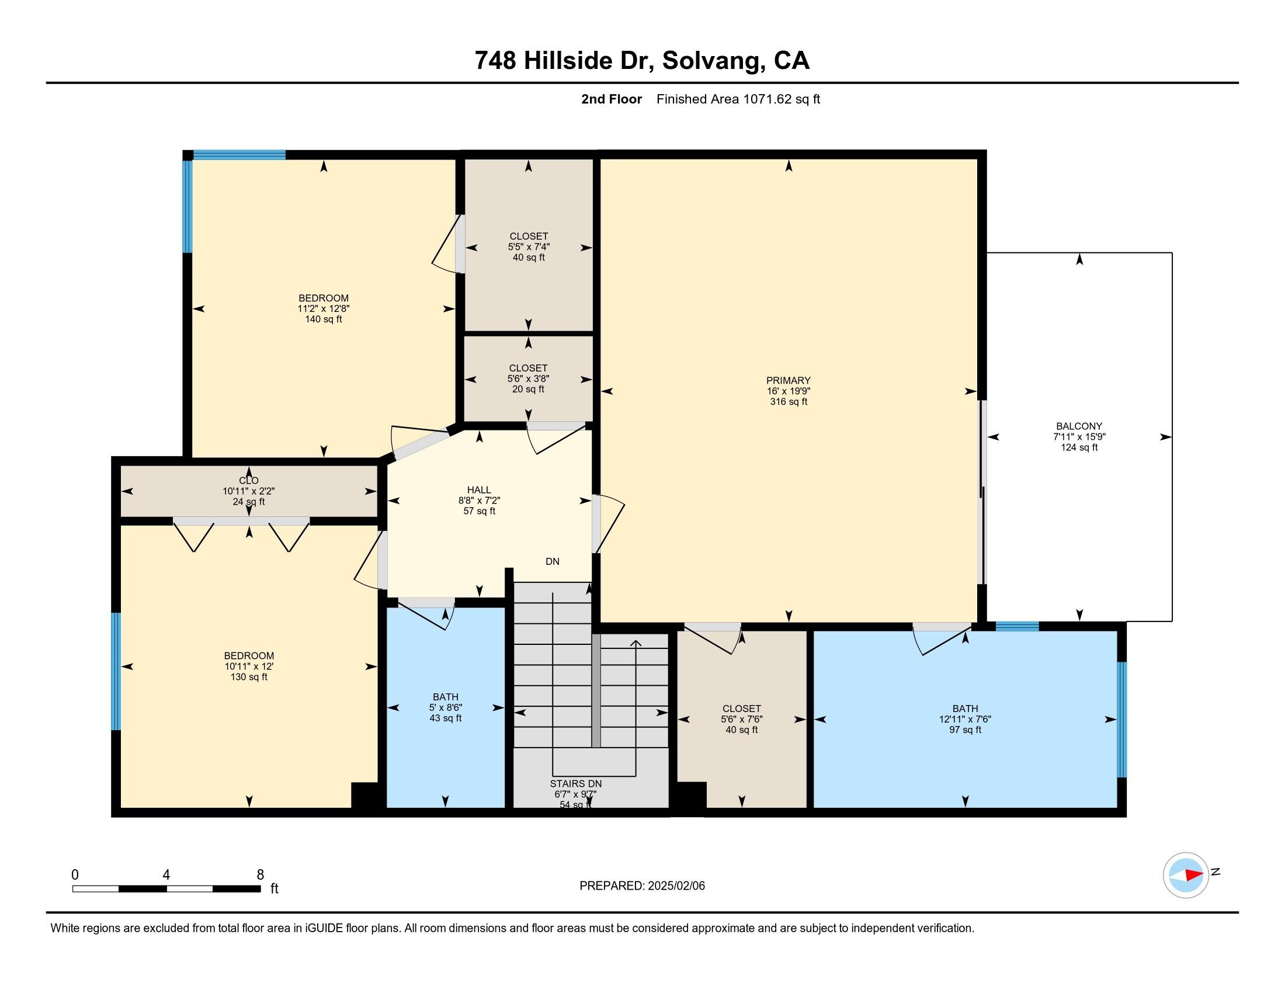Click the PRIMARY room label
point(789,380)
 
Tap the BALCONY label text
point(1078,426)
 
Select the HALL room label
point(479,489)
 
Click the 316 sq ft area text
point(789,402)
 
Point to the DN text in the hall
point(552,561)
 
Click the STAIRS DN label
point(575,783)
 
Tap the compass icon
point(1186,875)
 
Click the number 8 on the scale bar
point(260,874)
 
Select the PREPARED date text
point(642,886)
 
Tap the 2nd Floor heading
point(612,99)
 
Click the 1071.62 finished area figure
point(768,99)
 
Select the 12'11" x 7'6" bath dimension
point(965,719)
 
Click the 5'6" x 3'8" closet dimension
point(529,379)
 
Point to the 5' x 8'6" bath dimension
point(446,708)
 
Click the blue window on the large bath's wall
point(1121,719)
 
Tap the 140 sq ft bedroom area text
point(324,320)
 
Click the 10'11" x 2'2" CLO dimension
point(249,491)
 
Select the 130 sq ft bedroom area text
point(249,677)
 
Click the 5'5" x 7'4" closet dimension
point(529,247)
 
